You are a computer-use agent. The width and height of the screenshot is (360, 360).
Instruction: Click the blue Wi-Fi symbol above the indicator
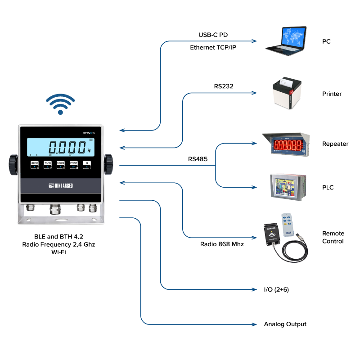pyautogui.click(x=60, y=104)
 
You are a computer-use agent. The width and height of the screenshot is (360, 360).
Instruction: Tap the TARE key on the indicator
pyautogui.click(x=48, y=165)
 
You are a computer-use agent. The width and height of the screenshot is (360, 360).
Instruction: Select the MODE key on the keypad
pyautogui.click(x=61, y=165)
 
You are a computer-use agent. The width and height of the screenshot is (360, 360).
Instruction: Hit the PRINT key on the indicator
pyautogui.click(x=74, y=165)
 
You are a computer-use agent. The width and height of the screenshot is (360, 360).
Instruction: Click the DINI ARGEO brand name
pyautogui.click(x=61, y=185)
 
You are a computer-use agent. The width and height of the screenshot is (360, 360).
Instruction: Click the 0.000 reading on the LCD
pyautogui.click(x=67, y=147)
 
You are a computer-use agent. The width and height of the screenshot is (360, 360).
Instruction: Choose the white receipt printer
pyautogui.click(x=287, y=95)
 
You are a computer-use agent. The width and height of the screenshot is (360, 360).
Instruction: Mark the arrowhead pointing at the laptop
pyautogui.click(x=254, y=41)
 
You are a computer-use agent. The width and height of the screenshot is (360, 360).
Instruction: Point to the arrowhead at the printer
pyautogui.click(x=254, y=93)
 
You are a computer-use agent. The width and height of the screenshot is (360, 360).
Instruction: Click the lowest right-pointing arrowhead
pyautogui.click(x=254, y=324)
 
